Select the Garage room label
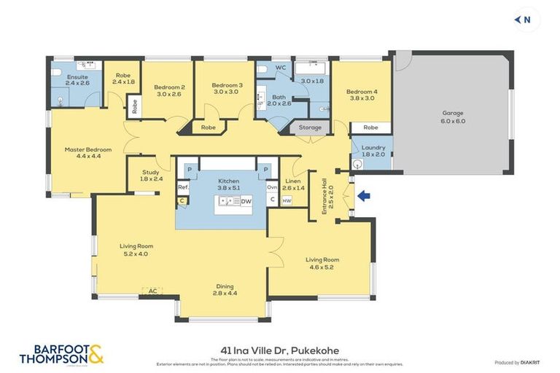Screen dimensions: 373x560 [x=453, y=117]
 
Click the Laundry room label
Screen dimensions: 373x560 [x=373, y=149]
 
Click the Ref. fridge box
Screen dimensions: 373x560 [x=182, y=187]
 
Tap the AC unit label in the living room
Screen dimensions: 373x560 [x=153, y=290]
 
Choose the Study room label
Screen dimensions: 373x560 [x=150, y=176]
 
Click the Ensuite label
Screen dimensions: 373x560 [x=77, y=79]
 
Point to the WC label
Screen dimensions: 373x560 [x=280, y=68]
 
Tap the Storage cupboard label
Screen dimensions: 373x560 [x=310, y=128]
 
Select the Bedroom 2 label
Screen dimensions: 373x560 [x=169, y=90]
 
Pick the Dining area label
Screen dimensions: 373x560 [x=224, y=289]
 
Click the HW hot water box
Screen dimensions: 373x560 [x=287, y=200]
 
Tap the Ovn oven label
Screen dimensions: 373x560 [x=271, y=187]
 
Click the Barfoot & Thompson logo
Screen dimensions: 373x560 [x=61, y=354]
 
